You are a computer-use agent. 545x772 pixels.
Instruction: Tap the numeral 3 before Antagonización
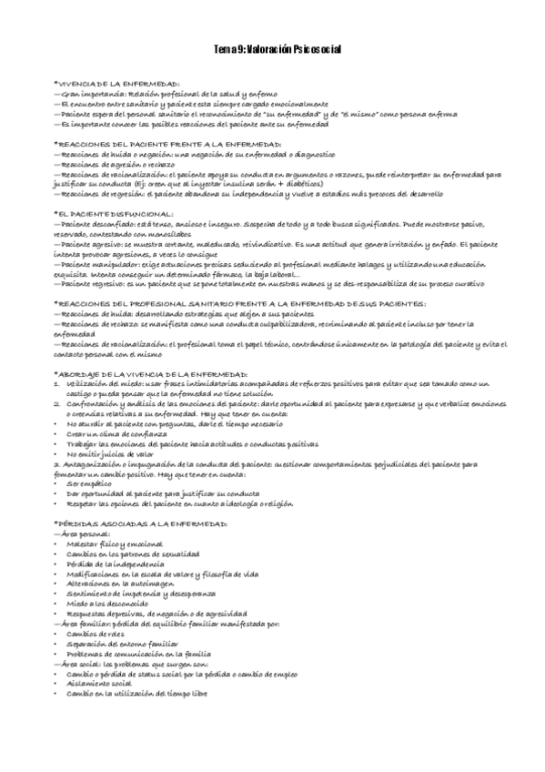point(56,462)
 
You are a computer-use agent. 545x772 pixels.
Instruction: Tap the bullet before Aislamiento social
point(56,683)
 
